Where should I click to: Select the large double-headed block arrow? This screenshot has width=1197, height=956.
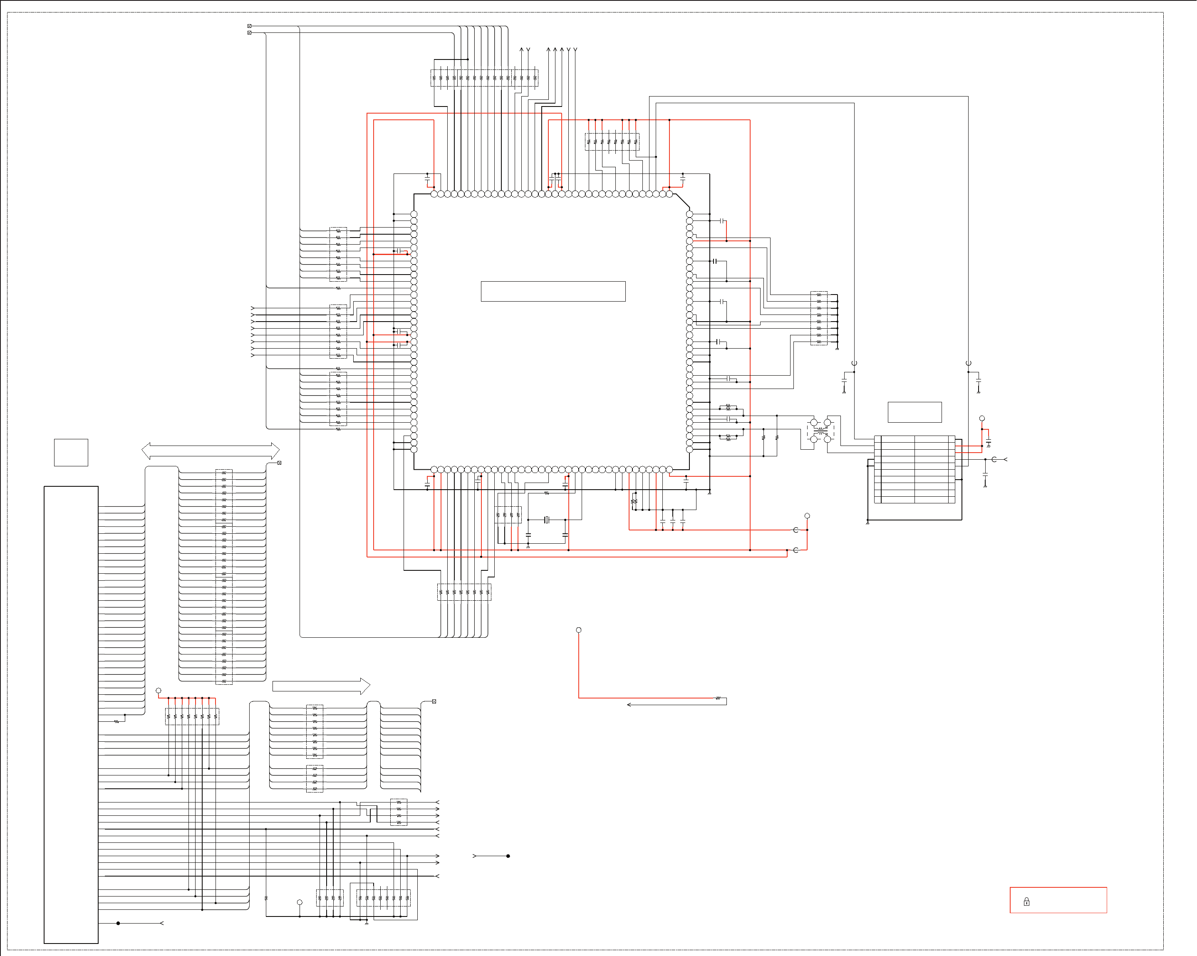click(x=211, y=451)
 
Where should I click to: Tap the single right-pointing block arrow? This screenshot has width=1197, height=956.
click(x=321, y=686)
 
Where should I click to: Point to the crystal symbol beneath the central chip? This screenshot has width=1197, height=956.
click(x=546, y=520)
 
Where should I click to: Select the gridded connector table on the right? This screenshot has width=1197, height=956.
click(x=914, y=470)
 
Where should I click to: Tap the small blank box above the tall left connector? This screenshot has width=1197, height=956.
click(x=71, y=453)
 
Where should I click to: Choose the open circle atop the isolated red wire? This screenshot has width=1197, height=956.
click(x=578, y=630)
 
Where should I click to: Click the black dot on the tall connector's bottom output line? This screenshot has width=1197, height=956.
click(x=118, y=923)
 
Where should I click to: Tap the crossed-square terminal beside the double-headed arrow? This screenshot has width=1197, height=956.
click(x=279, y=463)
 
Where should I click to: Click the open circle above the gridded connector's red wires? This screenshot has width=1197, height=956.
click(x=981, y=419)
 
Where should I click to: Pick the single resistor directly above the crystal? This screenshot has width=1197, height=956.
click(x=546, y=493)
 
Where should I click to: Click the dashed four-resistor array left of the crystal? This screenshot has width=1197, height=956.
click(x=508, y=515)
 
